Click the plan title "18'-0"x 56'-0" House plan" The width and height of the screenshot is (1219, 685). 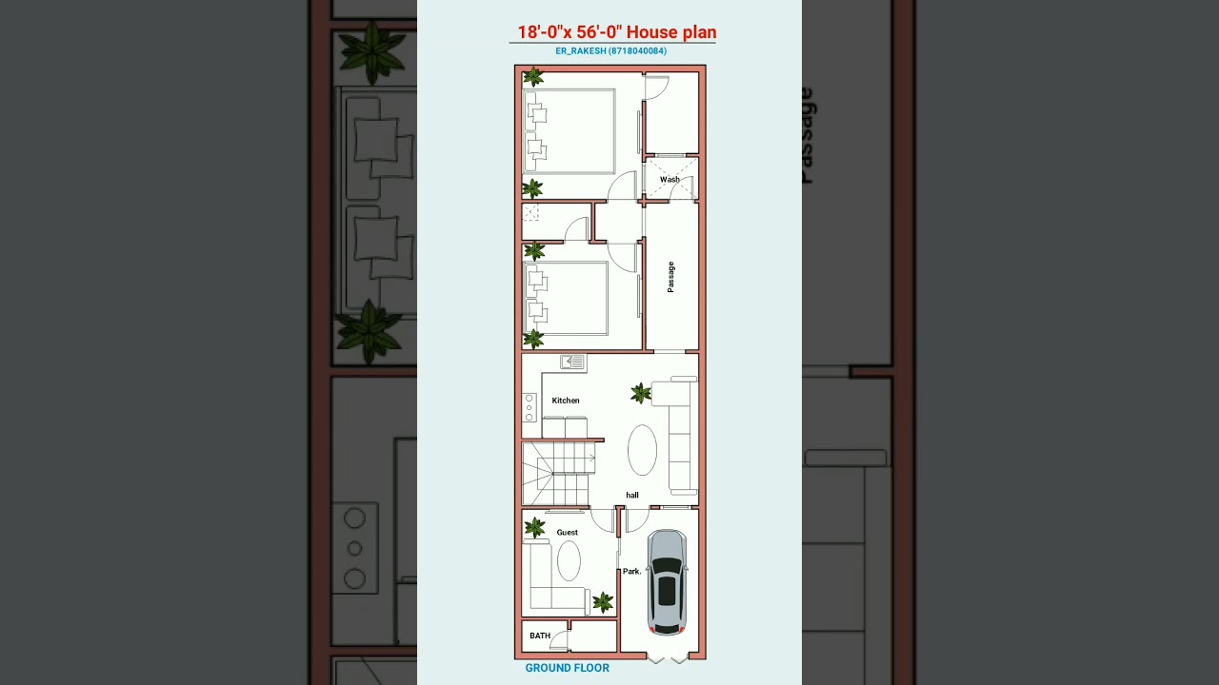[x=617, y=32]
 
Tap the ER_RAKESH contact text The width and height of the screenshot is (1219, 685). [x=611, y=51]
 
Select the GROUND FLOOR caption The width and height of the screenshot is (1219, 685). [x=568, y=668]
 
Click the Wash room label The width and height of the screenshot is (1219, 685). [x=669, y=179]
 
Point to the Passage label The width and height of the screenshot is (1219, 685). [x=671, y=277]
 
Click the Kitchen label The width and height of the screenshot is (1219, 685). [x=566, y=401]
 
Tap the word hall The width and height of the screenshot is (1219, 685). [x=632, y=495]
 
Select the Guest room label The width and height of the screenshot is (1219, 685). [x=568, y=533]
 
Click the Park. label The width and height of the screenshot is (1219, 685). [x=632, y=572]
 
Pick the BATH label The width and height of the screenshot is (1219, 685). [x=540, y=636]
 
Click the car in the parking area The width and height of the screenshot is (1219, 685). [x=668, y=582]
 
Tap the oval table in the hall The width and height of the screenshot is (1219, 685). [x=643, y=450]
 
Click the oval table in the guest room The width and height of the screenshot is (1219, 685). [x=569, y=560]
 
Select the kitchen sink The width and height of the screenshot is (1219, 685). [x=572, y=362]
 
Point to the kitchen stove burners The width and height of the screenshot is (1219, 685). [x=530, y=407]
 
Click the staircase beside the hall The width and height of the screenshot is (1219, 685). [x=558, y=473]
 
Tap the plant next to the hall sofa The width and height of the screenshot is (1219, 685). [x=641, y=393]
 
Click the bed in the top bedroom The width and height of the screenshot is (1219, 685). [x=570, y=130]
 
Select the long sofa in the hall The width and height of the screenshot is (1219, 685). [x=682, y=436]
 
